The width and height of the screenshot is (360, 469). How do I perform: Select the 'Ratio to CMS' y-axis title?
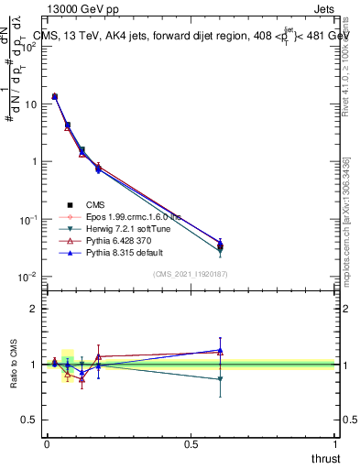pos(16,364)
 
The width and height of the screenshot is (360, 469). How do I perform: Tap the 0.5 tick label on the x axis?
pos(191,443)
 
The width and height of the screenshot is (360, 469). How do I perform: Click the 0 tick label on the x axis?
pos(47,443)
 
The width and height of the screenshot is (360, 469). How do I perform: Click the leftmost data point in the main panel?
pos(55,96)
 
